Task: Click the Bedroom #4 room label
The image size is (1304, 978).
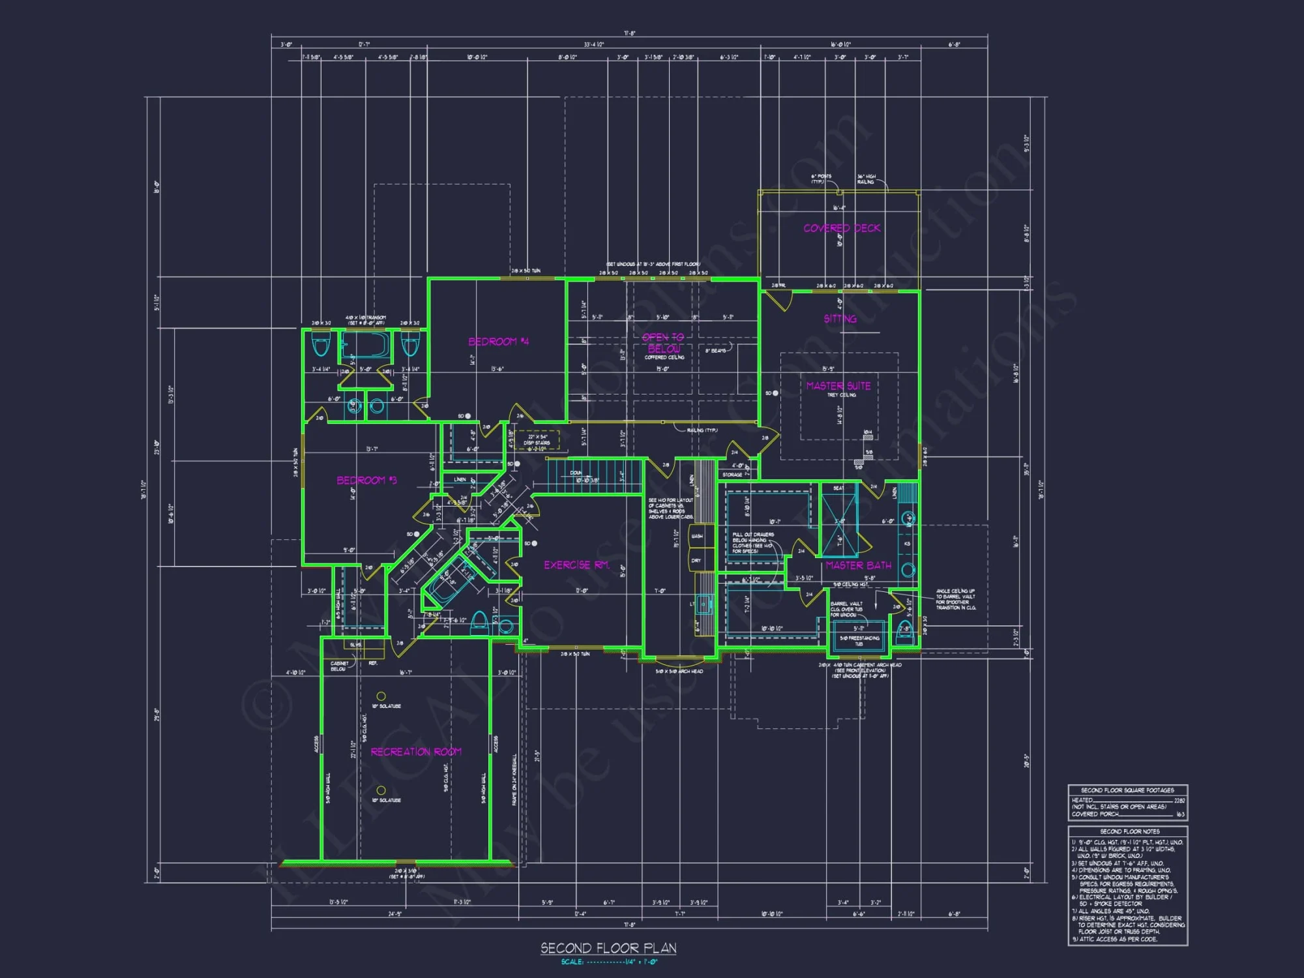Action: pos(498,342)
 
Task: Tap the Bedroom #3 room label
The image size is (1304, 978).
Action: pos(366,481)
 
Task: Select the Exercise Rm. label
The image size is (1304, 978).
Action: pos(576,565)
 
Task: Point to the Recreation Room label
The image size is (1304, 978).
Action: pos(416,752)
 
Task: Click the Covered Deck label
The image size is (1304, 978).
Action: pos(841,228)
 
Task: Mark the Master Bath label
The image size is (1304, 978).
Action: pos(858,565)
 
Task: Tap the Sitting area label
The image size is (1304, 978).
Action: pos(840,319)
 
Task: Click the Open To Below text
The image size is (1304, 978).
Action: pos(663,343)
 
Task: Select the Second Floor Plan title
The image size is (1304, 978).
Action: pos(608,948)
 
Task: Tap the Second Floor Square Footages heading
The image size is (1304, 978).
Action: pos(1127,790)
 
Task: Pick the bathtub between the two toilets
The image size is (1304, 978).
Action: pos(365,345)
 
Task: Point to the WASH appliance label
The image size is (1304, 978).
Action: pos(696,536)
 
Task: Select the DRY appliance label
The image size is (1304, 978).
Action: pos(696,561)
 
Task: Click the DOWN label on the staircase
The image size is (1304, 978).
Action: pos(576,473)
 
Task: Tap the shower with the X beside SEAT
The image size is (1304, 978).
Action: pos(838,526)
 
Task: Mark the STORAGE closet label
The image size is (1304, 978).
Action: pos(732,475)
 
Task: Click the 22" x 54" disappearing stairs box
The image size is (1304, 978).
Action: pos(537,440)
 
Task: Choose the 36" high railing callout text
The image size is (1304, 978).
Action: pos(866,179)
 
